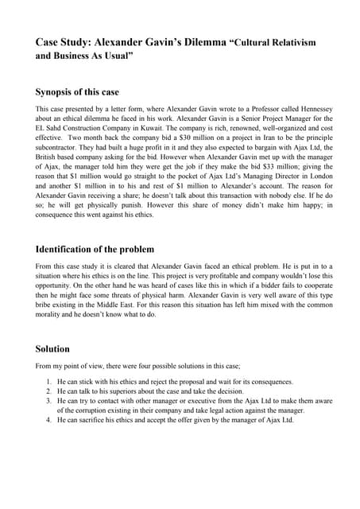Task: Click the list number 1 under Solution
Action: coord(49,382)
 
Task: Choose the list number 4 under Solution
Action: coord(49,420)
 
